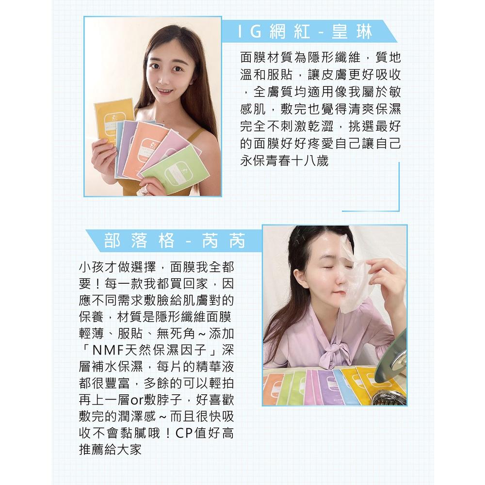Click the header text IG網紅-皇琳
[x=306, y=32]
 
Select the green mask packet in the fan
[x=177, y=170]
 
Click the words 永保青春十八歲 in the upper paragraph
[x=284, y=161]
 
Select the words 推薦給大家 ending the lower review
[x=110, y=449]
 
